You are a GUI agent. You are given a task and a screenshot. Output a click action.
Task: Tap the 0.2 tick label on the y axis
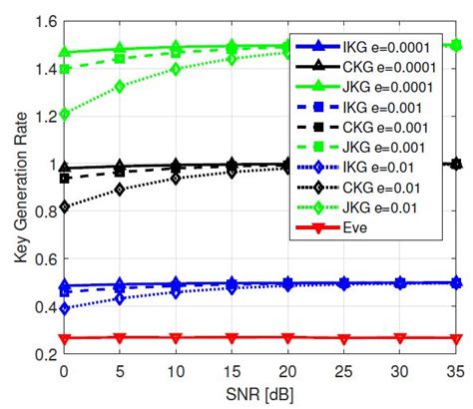click(x=42, y=354)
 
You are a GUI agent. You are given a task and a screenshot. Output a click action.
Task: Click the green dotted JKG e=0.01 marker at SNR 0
click(x=63, y=114)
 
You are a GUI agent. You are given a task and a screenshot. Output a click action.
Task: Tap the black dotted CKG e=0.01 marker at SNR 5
click(x=120, y=189)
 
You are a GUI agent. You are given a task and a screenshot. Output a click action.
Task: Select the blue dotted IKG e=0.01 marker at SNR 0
click(x=63, y=308)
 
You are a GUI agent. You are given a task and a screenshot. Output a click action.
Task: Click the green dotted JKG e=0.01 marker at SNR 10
click(x=176, y=69)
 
